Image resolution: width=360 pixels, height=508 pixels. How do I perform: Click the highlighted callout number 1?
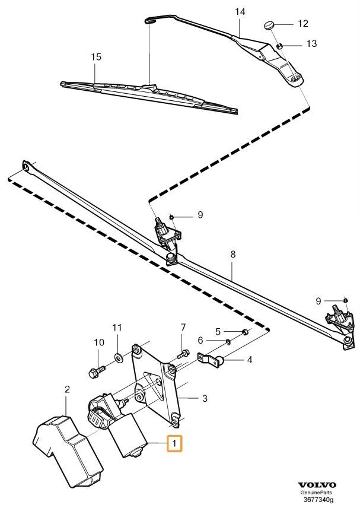pos(175,443)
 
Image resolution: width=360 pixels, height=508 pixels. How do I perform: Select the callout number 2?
pos(67,389)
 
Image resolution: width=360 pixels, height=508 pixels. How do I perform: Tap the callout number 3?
pos(205,399)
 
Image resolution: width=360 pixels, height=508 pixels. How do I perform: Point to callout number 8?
pos(233,254)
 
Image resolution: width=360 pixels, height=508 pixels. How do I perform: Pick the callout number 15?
pos(95,57)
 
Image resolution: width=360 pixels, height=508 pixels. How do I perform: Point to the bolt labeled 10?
pos(97,372)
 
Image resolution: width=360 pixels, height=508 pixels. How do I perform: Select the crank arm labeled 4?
pos(211,358)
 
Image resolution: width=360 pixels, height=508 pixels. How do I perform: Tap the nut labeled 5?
pos(244,330)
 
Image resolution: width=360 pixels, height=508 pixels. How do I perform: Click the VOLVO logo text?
pos(318,485)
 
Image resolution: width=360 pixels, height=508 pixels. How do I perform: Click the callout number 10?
pos(99,342)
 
